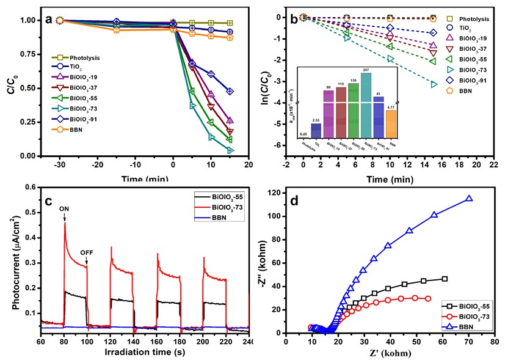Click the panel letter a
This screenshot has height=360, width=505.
point(49,19)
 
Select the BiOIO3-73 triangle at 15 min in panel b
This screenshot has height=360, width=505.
point(434,84)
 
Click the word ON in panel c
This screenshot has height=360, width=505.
point(64,208)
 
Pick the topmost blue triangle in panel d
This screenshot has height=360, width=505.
point(469,199)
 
